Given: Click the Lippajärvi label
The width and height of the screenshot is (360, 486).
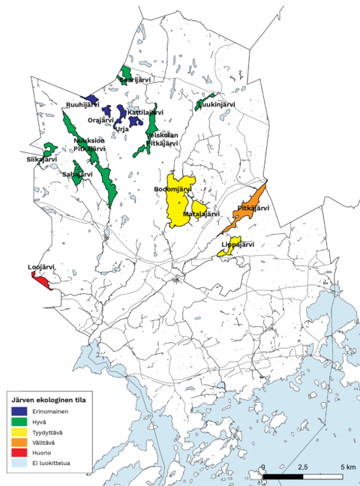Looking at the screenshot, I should tap(238, 244).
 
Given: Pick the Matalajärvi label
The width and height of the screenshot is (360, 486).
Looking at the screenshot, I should tap(202, 214).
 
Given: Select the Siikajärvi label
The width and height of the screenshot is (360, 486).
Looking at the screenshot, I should tap(41, 160).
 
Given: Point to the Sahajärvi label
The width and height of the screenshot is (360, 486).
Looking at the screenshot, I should tap(77, 174).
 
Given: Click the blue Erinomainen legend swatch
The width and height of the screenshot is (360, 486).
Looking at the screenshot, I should tap(19, 412).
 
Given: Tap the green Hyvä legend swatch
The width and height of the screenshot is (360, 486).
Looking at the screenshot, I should tap(19, 422).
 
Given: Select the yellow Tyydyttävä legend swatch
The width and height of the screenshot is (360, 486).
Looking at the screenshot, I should tap(19, 433).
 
